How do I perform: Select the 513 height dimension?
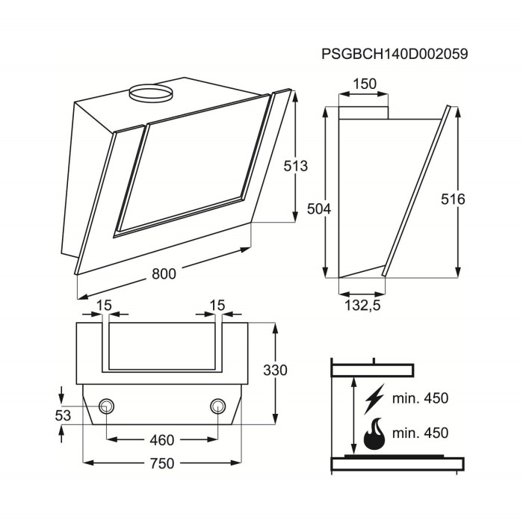pyautogui.click(x=296, y=167)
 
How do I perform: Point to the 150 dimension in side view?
pyautogui.click(x=364, y=84)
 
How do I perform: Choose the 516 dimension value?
pyautogui.click(x=453, y=199)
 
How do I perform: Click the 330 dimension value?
pyautogui.click(x=276, y=371)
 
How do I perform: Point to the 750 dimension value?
pyautogui.click(x=161, y=464)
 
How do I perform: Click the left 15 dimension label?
pyautogui.click(x=104, y=304)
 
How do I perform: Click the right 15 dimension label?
pyautogui.click(x=217, y=304)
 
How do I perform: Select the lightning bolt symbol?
pyautogui.click(x=371, y=399)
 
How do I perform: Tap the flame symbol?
pyautogui.click(x=372, y=435)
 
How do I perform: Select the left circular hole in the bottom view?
pyautogui.click(x=106, y=406)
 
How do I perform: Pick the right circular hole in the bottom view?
pyautogui.click(x=217, y=406)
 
